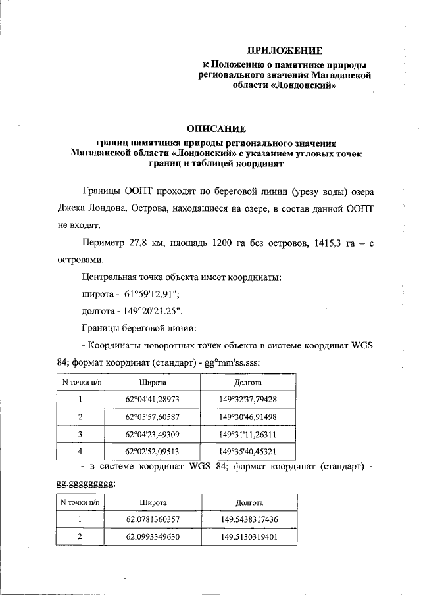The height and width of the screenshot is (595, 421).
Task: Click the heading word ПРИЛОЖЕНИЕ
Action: point(285,50)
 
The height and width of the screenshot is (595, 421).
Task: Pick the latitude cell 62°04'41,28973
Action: point(152,399)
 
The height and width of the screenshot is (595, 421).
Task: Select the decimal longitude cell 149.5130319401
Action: point(249,536)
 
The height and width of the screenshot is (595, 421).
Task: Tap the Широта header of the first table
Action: point(152,382)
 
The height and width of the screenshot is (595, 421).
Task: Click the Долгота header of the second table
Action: point(248,502)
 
